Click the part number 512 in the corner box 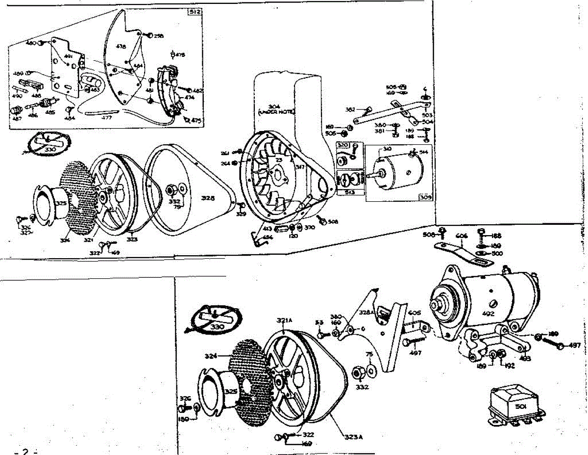tap(195, 11)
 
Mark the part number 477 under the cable tap(106, 118)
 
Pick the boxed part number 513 tap(349, 192)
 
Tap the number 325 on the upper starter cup tap(61, 203)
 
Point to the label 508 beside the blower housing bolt tap(333, 221)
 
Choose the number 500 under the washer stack tap(497, 253)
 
